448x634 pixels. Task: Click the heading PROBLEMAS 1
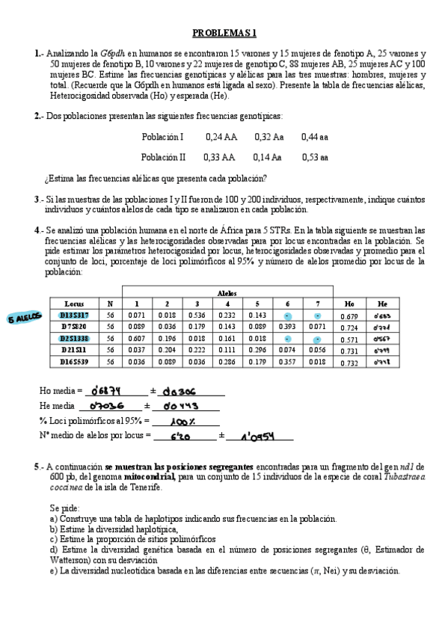tap(224, 33)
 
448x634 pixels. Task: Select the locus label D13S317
tap(74, 316)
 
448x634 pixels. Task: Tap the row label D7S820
tap(74, 327)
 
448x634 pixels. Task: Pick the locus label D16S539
tap(74, 362)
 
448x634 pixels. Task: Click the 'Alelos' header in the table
tap(227, 293)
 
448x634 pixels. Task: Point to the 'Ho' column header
tap(349, 304)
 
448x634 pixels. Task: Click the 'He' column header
tap(383, 304)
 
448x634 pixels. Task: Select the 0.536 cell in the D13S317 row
tap(197, 316)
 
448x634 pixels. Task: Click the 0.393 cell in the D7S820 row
tap(287, 327)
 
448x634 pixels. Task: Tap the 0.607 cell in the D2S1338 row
tap(136, 339)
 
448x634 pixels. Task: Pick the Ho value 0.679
tap(349, 316)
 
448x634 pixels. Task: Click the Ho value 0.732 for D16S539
tap(349, 363)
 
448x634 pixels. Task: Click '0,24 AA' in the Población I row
tap(220, 137)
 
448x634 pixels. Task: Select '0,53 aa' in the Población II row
tap(314, 157)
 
